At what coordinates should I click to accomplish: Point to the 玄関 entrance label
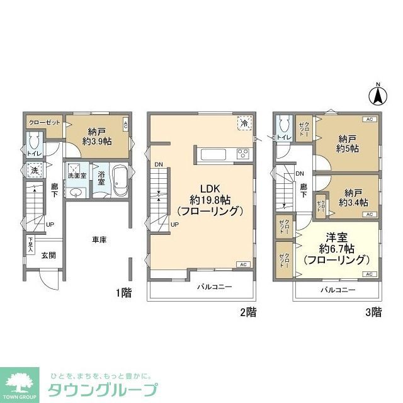click(x=49, y=255)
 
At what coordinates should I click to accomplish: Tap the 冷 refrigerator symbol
click(x=244, y=123)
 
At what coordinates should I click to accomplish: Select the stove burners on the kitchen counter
click(x=243, y=154)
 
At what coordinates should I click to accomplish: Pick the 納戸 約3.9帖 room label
click(x=97, y=137)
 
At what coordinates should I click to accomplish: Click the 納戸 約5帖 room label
click(x=348, y=144)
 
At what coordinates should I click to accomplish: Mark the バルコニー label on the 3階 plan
click(x=338, y=290)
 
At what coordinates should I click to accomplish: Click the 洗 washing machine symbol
click(x=33, y=169)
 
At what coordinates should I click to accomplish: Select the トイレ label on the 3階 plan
click(x=283, y=137)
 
